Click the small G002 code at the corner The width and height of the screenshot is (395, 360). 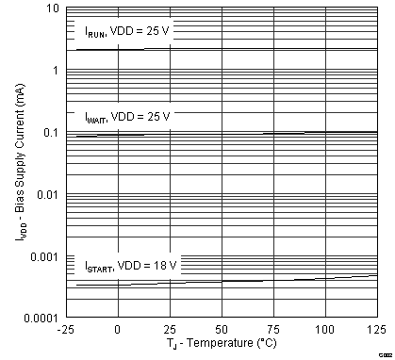385,355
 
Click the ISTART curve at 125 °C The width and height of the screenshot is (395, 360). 376,275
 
